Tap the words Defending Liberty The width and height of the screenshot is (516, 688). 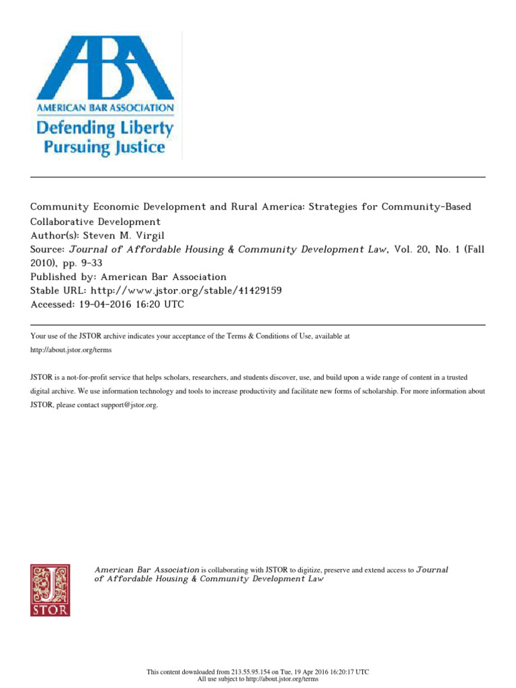pos(105,127)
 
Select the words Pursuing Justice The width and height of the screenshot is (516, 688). pos(105,146)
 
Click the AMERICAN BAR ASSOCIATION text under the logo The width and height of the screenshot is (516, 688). pos(105,107)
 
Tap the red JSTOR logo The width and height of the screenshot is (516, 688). pos(50,590)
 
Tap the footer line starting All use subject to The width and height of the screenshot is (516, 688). pos(257,679)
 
